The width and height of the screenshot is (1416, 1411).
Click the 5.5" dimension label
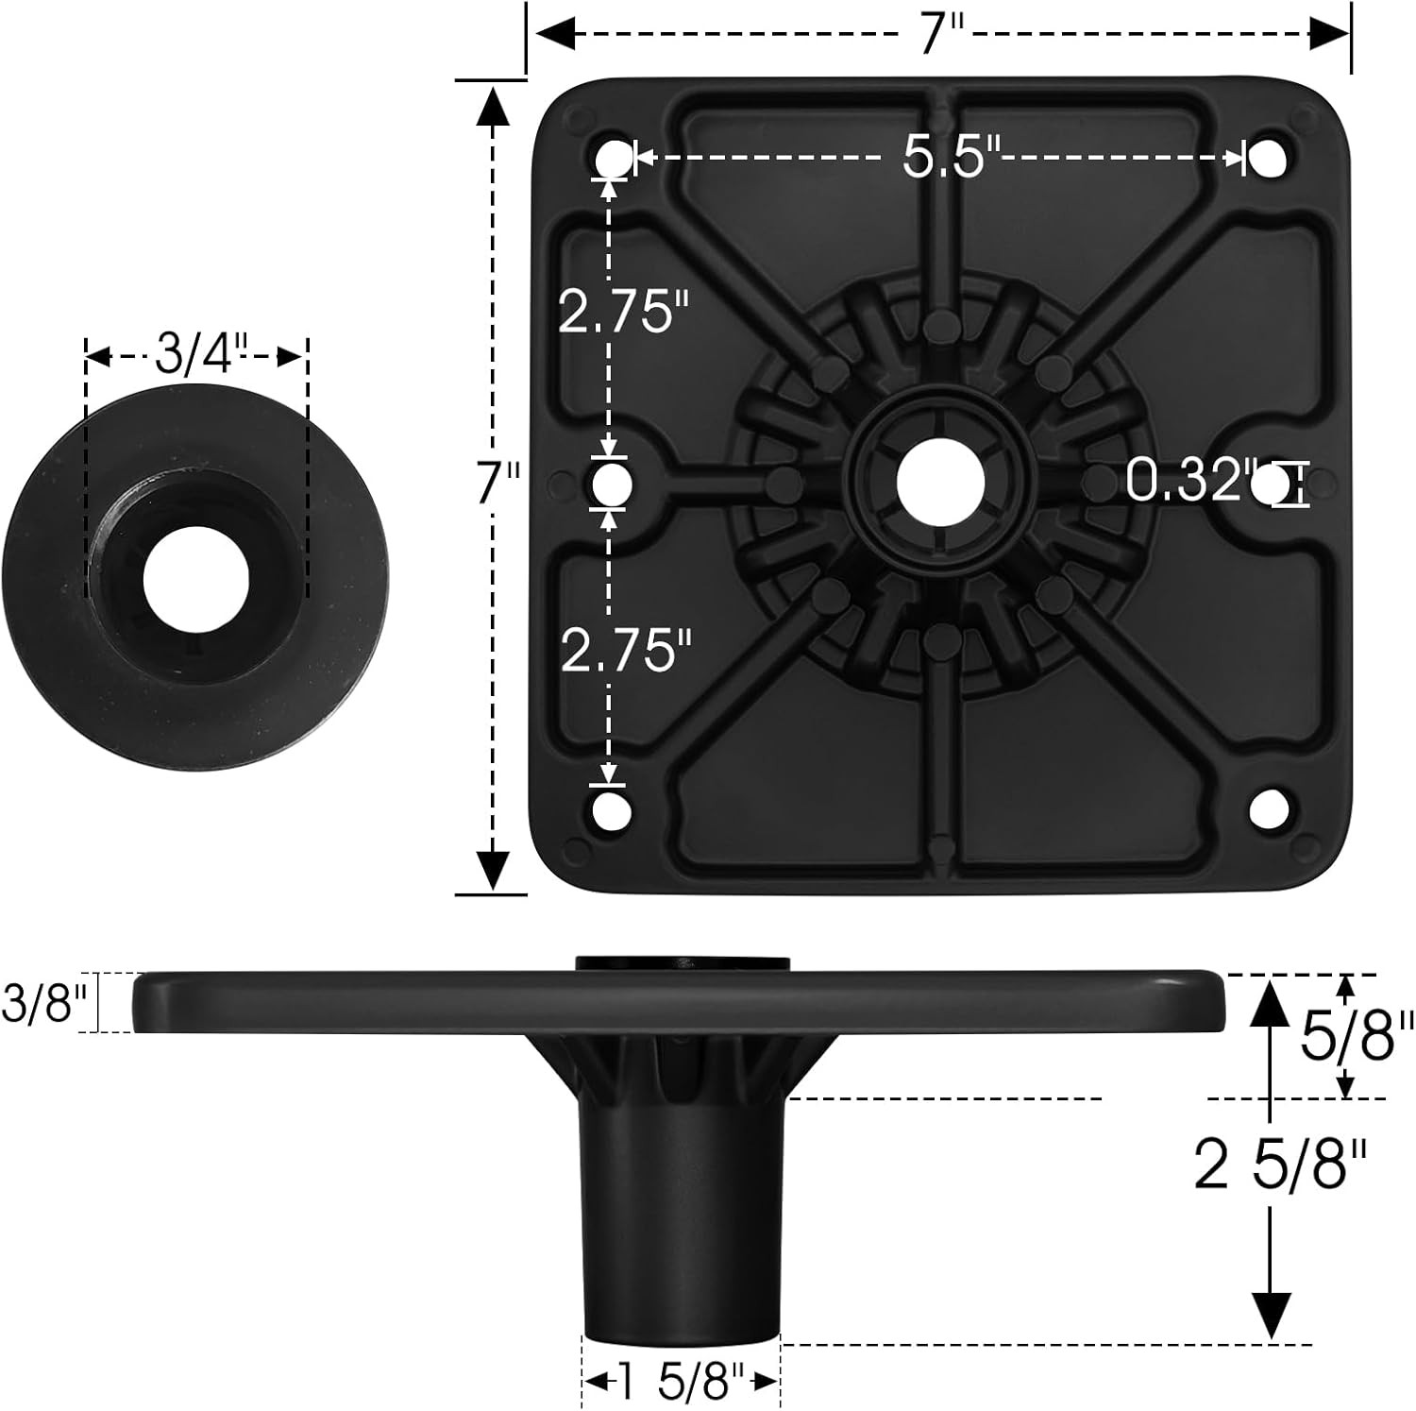[943, 156]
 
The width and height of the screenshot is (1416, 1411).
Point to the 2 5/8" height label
[1280, 1165]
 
